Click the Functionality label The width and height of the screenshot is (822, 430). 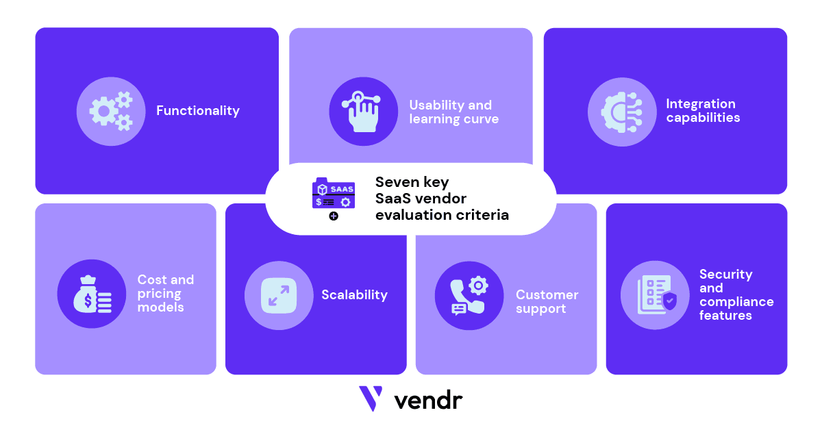pos(198,110)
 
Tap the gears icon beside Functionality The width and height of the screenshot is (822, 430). pos(110,111)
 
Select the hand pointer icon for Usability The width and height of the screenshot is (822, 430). pos(363,111)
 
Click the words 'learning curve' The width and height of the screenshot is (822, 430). pos(453,119)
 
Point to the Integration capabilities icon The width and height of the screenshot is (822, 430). pos(621,111)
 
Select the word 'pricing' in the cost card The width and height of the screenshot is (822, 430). pos(160,294)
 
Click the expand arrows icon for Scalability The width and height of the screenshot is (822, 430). pos(279,295)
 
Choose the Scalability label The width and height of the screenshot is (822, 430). pos(354,295)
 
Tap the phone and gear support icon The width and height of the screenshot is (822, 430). pos(469,295)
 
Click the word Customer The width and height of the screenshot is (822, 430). pos(547,295)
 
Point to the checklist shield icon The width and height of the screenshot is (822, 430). pos(655,295)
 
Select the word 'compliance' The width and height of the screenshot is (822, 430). pos(736,302)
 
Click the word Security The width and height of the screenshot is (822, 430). pos(725,275)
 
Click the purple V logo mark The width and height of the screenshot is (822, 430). pos(371,399)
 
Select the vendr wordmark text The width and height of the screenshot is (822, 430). pos(428,399)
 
